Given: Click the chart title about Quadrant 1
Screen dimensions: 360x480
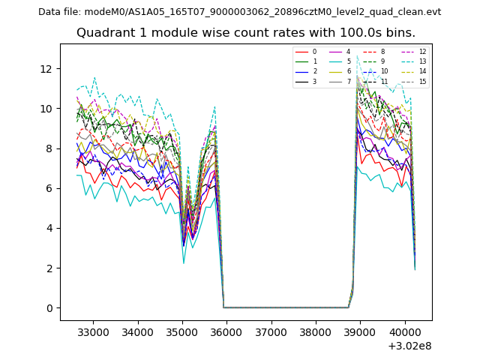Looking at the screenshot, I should [x=246, y=33].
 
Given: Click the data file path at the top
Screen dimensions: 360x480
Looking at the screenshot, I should [x=239, y=12].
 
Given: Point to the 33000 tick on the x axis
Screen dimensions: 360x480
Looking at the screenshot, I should [x=93, y=330].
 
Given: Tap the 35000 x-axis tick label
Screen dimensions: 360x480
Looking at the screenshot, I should [x=181, y=330].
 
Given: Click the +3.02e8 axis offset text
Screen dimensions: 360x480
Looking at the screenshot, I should [x=409, y=346].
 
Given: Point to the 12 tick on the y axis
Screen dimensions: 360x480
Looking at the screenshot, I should [x=46, y=69].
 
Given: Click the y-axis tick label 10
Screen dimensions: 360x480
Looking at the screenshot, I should [x=46, y=109].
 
